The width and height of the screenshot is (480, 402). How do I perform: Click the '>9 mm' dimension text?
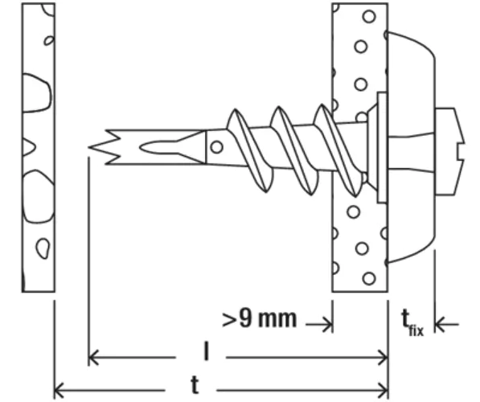coord(260,319)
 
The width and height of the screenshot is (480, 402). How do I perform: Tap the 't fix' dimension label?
coord(412,322)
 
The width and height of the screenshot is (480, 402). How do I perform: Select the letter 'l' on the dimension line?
coord(207,351)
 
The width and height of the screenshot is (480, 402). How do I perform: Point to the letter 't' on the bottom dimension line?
coord(195,384)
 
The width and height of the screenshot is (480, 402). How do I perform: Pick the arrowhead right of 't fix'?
coord(440,325)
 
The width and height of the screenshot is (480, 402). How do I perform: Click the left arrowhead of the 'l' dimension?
coord(93,357)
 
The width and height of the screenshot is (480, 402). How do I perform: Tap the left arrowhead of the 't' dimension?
coord(59,390)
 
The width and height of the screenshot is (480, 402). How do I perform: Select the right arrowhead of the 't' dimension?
coord(384,390)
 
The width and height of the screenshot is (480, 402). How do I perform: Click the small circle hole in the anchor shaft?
coord(217,147)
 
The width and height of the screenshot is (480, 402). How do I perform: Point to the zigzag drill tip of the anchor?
coord(105,147)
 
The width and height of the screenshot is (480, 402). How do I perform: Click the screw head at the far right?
coord(449,151)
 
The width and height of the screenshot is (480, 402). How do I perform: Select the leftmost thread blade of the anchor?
coord(249,150)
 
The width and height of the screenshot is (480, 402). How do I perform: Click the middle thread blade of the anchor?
coord(294,150)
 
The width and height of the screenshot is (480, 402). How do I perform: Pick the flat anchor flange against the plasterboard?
coord(381,147)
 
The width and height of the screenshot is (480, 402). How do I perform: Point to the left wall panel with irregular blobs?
coord(39,147)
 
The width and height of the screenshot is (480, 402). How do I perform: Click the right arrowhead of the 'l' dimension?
coord(384,357)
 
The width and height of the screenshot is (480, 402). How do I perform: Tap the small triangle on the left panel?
coord(28,147)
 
